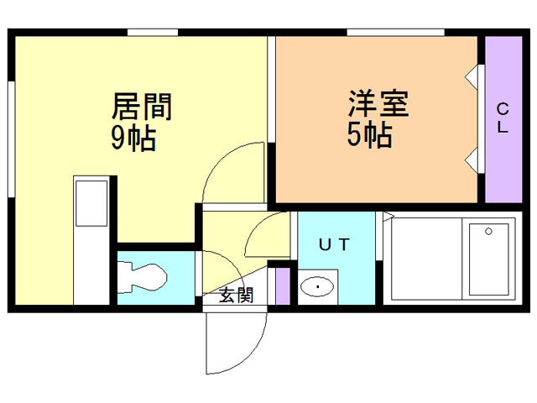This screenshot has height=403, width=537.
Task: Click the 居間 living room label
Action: [143, 107]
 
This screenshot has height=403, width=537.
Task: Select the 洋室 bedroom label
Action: [378, 104]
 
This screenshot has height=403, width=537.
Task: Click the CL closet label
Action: [502, 118]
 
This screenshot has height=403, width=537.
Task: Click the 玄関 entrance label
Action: [237, 295]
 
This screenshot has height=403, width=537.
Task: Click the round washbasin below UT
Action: [318, 287]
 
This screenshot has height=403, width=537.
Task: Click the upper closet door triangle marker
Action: [472, 76]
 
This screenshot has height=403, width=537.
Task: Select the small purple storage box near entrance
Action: [283, 285]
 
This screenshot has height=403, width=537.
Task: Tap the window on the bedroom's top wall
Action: [395, 33]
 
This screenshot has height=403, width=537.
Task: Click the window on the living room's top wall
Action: [153, 33]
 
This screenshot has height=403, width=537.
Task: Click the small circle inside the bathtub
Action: [488, 229]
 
